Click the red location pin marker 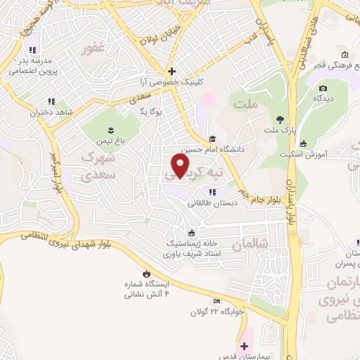(181, 166)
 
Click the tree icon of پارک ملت (281, 120)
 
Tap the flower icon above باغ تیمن (110, 129)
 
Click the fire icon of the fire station (146, 274)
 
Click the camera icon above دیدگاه (323, 88)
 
